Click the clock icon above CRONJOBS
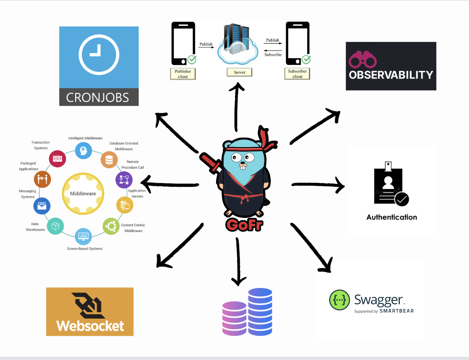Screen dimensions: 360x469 99,55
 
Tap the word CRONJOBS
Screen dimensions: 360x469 98,97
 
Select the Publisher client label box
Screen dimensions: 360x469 183,74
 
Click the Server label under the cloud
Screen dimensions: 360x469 239,72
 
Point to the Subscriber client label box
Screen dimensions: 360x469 297,74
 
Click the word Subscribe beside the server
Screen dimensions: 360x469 273,55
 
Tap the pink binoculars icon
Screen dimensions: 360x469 362,60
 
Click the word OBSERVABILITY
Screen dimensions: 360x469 391,75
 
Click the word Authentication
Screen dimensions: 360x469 392,217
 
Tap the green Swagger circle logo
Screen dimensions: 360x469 339,300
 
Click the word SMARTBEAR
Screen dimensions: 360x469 397,311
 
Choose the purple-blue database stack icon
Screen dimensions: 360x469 248,313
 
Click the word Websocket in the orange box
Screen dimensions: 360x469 90,326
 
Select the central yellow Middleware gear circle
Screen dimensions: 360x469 83,194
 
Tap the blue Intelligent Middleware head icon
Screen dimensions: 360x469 83,150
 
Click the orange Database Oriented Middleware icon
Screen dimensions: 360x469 109,160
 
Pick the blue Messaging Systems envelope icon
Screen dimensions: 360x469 42,206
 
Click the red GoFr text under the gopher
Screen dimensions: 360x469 244,225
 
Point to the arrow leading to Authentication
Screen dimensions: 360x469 317,185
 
